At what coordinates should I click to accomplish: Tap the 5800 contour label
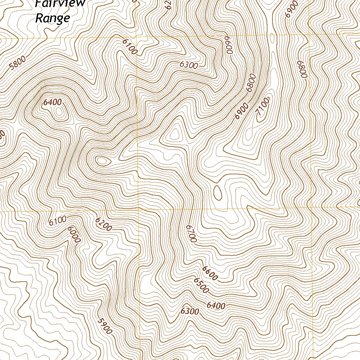[x=18, y=64]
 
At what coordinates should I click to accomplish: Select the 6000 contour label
[x=75, y=234]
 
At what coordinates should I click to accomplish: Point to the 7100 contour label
[x=263, y=107]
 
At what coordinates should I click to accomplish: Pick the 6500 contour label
[x=201, y=285]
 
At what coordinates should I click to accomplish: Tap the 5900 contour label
[x=105, y=326]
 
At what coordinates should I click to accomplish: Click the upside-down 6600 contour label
[x=230, y=45]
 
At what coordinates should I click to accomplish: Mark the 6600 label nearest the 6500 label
[x=210, y=272]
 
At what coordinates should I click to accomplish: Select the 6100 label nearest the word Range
[x=129, y=46]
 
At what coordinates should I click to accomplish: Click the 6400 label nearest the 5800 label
[x=53, y=102]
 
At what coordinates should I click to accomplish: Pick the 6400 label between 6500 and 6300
[x=216, y=306]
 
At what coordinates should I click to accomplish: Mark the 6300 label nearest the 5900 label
[x=190, y=311]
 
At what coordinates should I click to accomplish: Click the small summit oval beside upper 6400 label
[x=59, y=112]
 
